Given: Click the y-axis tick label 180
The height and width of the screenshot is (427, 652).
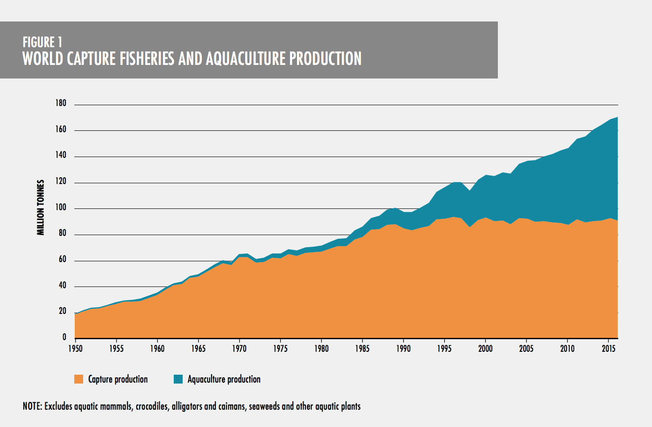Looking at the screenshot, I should click(x=61, y=103).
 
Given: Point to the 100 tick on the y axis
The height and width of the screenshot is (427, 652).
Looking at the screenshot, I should click(x=61, y=207).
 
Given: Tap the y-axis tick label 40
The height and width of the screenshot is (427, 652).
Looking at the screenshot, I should click(x=63, y=285).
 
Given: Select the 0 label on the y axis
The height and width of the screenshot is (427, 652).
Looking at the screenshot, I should click(x=64, y=337).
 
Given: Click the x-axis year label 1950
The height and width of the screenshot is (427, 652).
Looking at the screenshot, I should click(x=75, y=349).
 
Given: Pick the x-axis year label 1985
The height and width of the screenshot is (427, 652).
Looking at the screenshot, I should click(x=362, y=349).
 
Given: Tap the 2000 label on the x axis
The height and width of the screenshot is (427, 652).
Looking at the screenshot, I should click(x=485, y=349).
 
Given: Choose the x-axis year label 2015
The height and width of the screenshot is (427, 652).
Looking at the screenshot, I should click(x=609, y=349).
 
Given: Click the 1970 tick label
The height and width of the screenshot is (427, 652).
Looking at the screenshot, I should click(x=239, y=349).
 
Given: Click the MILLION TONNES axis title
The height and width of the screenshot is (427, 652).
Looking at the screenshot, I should click(x=41, y=207).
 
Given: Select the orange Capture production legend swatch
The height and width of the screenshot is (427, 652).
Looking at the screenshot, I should click(x=78, y=379).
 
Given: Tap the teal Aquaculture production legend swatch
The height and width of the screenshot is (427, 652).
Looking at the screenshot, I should click(x=178, y=379).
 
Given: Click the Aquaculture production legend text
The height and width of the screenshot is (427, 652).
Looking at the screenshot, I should click(x=224, y=379).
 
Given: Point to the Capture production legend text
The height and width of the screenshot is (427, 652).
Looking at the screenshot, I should click(x=118, y=379).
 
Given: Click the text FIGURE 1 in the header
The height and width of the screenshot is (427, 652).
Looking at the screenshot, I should click(x=43, y=43).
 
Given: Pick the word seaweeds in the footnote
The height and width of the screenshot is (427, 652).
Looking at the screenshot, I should click(x=264, y=406).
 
